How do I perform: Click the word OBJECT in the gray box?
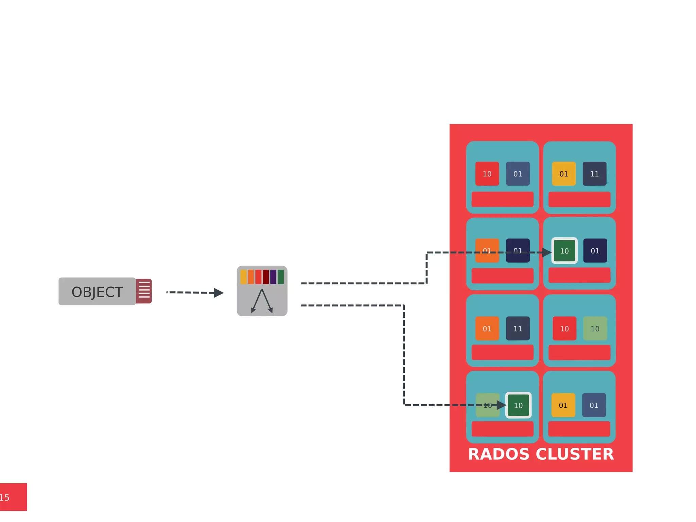click(x=97, y=292)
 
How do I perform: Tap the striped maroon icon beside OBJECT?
click(x=144, y=291)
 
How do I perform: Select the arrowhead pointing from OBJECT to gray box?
click(x=219, y=293)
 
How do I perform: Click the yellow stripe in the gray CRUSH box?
click(x=243, y=277)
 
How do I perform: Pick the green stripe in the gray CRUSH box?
click(x=281, y=277)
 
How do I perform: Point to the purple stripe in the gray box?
click(x=273, y=277)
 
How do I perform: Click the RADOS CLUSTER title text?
click(x=541, y=454)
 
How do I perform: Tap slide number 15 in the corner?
click(x=5, y=498)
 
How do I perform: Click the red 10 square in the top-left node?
click(x=487, y=174)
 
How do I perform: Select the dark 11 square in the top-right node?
click(x=594, y=174)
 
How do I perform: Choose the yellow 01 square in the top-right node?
click(x=564, y=174)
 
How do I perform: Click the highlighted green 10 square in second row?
click(x=564, y=251)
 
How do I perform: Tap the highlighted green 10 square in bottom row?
click(x=518, y=405)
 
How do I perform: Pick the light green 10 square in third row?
click(x=595, y=329)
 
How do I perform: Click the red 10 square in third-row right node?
click(x=564, y=329)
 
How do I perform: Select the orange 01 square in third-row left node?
click(x=487, y=329)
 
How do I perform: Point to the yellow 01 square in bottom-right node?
click(x=563, y=405)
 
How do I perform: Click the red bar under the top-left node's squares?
click(x=502, y=199)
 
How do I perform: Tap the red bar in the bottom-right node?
click(x=579, y=429)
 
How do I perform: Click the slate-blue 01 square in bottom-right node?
click(x=594, y=405)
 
